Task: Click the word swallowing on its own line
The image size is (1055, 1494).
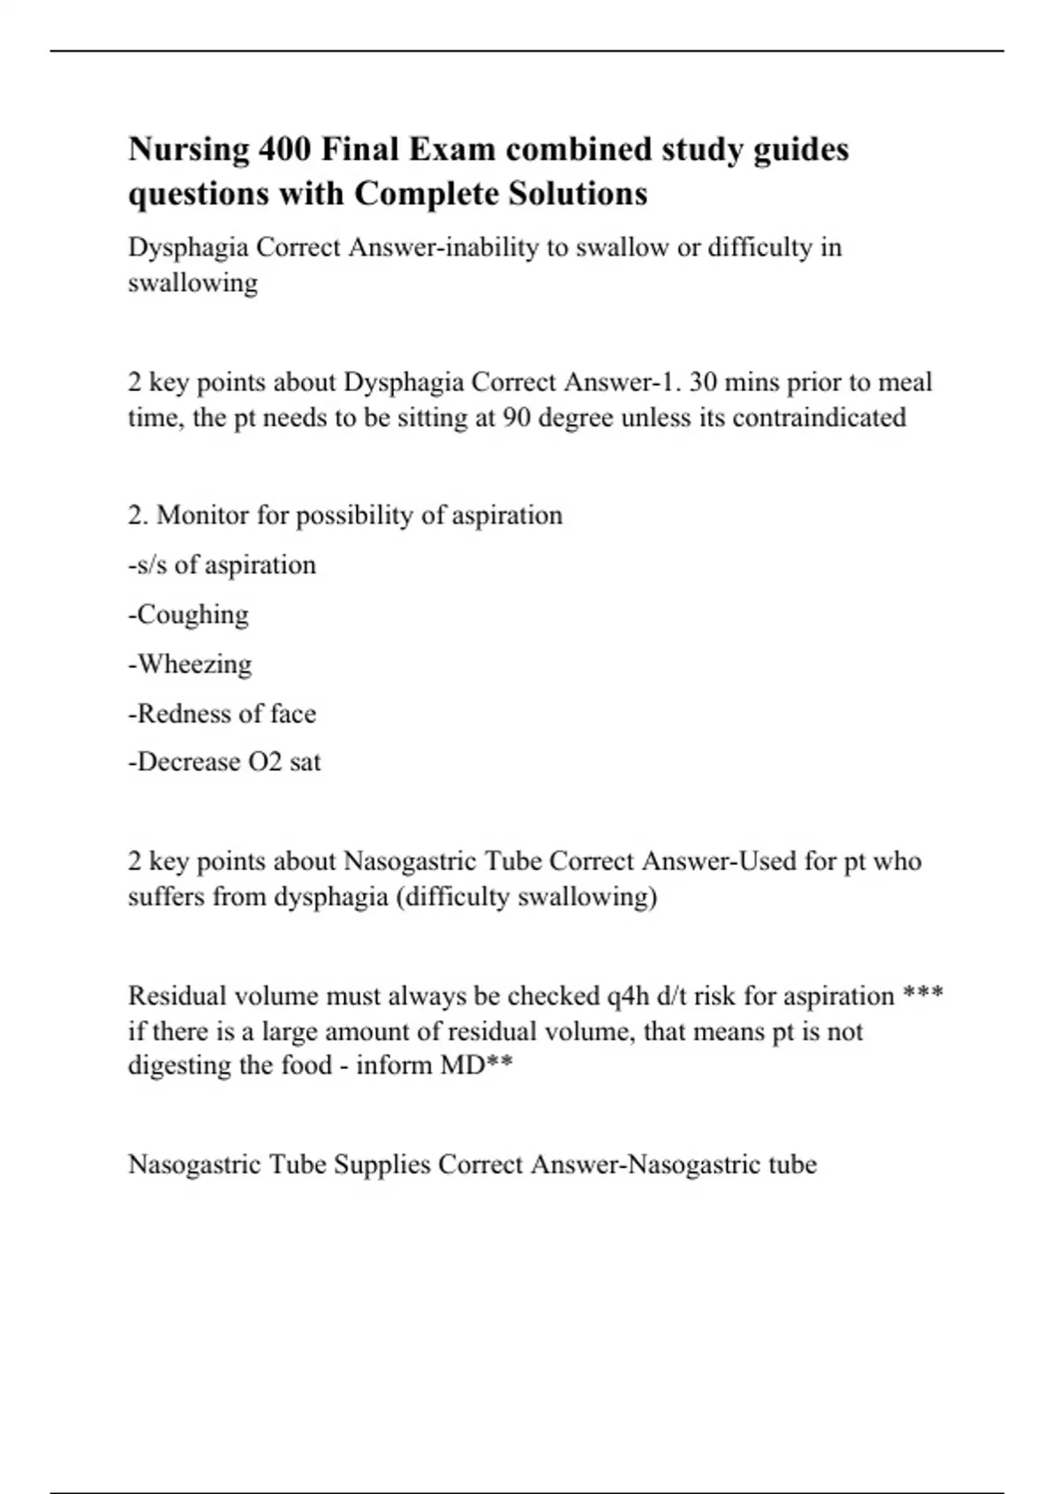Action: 193,283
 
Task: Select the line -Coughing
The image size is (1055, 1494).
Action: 188,614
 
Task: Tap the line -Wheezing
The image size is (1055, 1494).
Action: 190,664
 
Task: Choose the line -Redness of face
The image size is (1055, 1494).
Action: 222,713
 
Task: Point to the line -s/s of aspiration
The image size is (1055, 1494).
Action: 222,564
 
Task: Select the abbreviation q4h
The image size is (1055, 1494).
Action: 629,996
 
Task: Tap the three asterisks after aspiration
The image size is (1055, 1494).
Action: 923,994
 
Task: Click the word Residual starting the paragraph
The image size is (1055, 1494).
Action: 178,996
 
